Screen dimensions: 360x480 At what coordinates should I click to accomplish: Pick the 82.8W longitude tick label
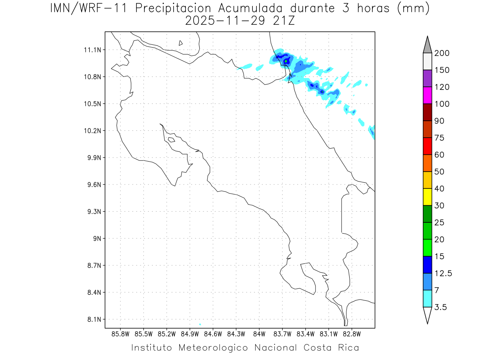tap(352, 334)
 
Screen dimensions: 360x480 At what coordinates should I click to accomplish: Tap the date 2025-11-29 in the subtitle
tap(224, 21)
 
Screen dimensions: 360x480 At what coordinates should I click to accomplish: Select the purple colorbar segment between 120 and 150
tap(427, 79)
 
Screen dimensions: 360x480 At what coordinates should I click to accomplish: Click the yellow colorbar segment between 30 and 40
tap(427, 197)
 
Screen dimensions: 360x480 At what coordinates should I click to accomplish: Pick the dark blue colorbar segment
tap(427, 265)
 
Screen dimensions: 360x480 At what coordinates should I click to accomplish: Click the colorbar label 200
tap(442, 54)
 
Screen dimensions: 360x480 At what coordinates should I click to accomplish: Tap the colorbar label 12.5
tap(443, 274)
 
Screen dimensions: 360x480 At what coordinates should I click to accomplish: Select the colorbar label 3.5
tap(440, 307)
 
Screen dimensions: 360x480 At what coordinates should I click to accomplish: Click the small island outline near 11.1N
tap(181, 43)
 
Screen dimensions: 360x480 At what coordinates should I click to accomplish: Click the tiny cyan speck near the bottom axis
tap(200, 324)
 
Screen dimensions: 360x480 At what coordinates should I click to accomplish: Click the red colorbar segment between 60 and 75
tap(427, 146)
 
